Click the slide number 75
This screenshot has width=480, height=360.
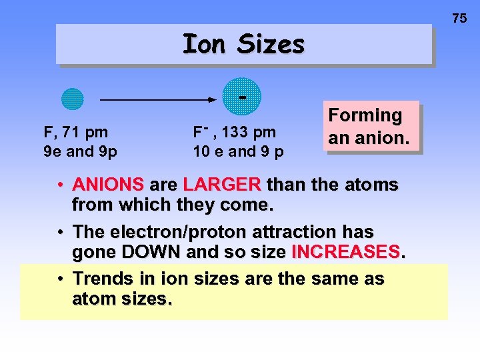(x=459, y=19)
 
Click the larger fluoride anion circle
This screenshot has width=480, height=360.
(x=242, y=97)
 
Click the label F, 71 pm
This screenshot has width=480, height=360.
(x=76, y=133)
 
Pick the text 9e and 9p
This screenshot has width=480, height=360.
(x=80, y=151)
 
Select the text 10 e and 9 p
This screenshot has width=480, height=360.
(x=238, y=151)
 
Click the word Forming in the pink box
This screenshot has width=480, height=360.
(x=365, y=115)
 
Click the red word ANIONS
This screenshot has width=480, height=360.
(x=108, y=184)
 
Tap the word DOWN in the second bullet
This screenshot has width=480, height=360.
(x=153, y=252)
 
